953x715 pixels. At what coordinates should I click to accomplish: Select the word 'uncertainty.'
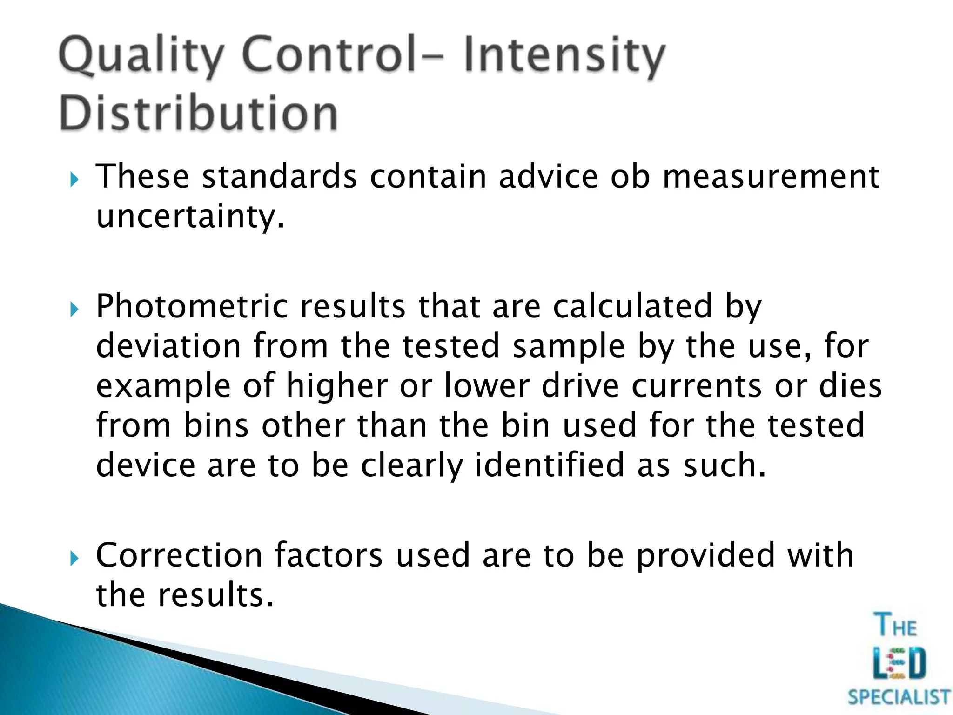click(x=190, y=217)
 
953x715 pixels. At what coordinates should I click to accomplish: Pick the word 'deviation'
click(x=168, y=346)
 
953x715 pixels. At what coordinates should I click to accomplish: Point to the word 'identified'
click(x=549, y=465)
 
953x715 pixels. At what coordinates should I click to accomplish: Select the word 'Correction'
click(x=179, y=555)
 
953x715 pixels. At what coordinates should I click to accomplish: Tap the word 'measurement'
click(x=771, y=177)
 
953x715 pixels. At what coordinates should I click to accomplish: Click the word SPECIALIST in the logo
click(x=899, y=697)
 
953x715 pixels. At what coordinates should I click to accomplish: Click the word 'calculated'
click(x=632, y=306)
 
